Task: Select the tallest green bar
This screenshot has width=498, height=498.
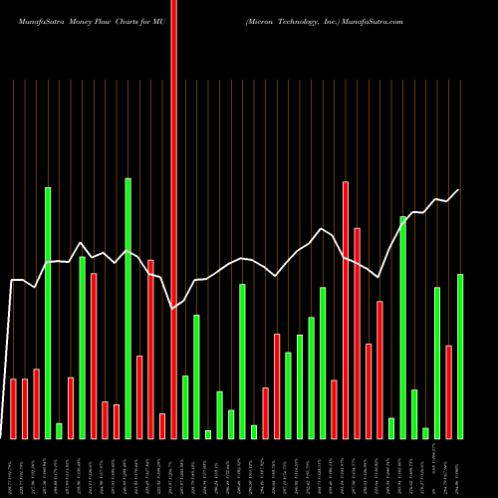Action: [x=155, y=309]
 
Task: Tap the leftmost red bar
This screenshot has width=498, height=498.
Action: [x=13, y=408]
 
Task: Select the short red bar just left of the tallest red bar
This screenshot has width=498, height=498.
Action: [x=162, y=425]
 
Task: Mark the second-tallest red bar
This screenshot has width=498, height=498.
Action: [x=346, y=310]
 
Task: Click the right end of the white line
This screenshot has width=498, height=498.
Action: [x=459, y=190]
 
